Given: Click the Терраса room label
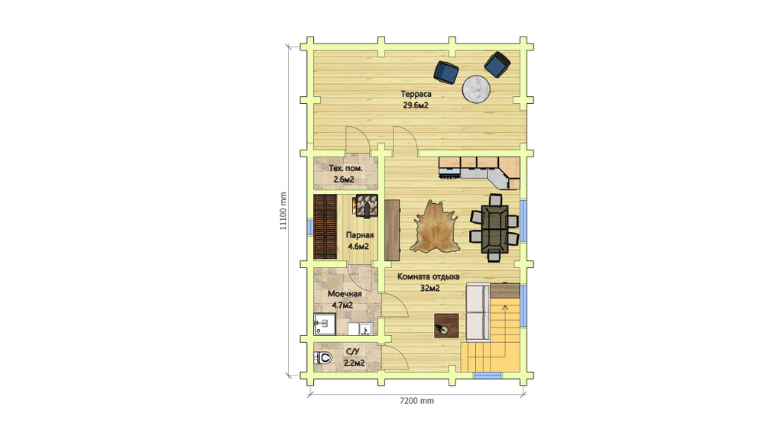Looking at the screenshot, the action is tap(416, 94).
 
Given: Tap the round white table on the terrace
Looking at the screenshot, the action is tap(475, 89).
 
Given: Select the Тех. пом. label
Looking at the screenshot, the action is tap(345, 169).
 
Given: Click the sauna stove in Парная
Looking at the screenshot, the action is tap(367, 205).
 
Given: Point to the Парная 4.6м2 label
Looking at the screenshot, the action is tap(360, 241).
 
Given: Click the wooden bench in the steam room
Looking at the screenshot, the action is tap(325, 227).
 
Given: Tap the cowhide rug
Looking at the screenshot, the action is tap(434, 227).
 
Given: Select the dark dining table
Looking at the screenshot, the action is tap(494, 229).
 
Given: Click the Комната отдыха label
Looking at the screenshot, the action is tap(429, 276).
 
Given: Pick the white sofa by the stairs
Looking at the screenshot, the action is tap(477, 312).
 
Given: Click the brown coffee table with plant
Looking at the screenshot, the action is tap(446, 325).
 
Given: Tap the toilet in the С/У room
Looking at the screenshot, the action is tap(323, 358).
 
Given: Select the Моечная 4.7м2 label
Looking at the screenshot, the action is tap(344, 299).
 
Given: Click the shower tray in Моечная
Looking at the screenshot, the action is tap(325, 325).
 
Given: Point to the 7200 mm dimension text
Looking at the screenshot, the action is tap(416, 401).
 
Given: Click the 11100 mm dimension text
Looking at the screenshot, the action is tap(283, 211).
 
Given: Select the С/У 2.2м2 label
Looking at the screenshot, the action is tap(354, 357).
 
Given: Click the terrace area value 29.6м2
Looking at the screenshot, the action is tap(416, 105).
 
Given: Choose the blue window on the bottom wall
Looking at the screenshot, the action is tap(487, 376).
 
